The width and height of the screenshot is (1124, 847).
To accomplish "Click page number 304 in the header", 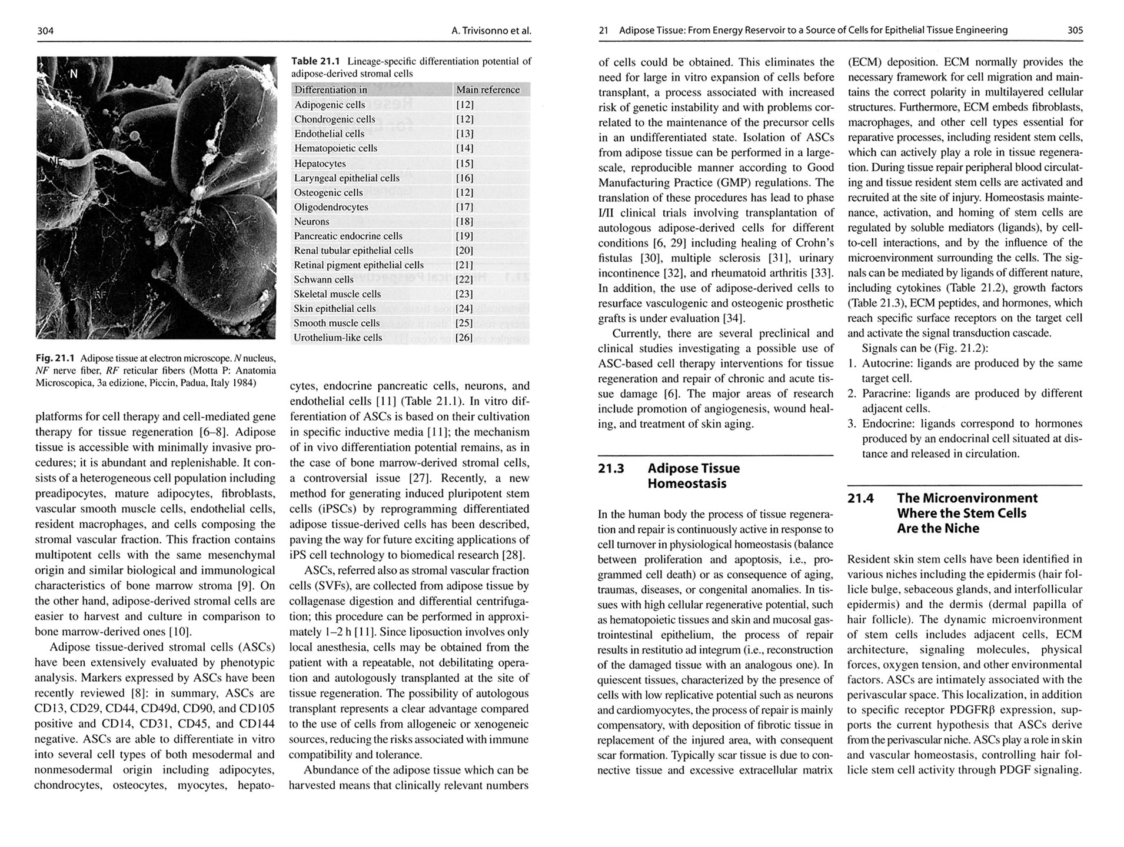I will click(x=45, y=31).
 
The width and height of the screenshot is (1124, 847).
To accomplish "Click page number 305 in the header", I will click(x=1075, y=30).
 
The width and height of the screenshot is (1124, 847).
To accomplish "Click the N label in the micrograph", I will click(x=74, y=74).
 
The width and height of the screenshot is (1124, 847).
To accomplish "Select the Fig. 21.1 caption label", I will click(x=55, y=358).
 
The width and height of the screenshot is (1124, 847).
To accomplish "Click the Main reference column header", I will click(x=488, y=89).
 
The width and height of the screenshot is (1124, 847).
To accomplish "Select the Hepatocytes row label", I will click(x=320, y=163).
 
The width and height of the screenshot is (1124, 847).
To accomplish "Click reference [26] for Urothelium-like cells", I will click(x=464, y=338).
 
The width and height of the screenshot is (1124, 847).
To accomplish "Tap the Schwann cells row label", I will click(x=324, y=279).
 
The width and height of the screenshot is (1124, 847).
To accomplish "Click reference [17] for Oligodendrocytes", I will click(x=464, y=207).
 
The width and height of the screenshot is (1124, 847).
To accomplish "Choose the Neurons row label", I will click(x=312, y=221).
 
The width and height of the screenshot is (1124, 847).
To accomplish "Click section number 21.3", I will click(x=611, y=469).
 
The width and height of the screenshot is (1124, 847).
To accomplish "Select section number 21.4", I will click(x=860, y=498).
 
